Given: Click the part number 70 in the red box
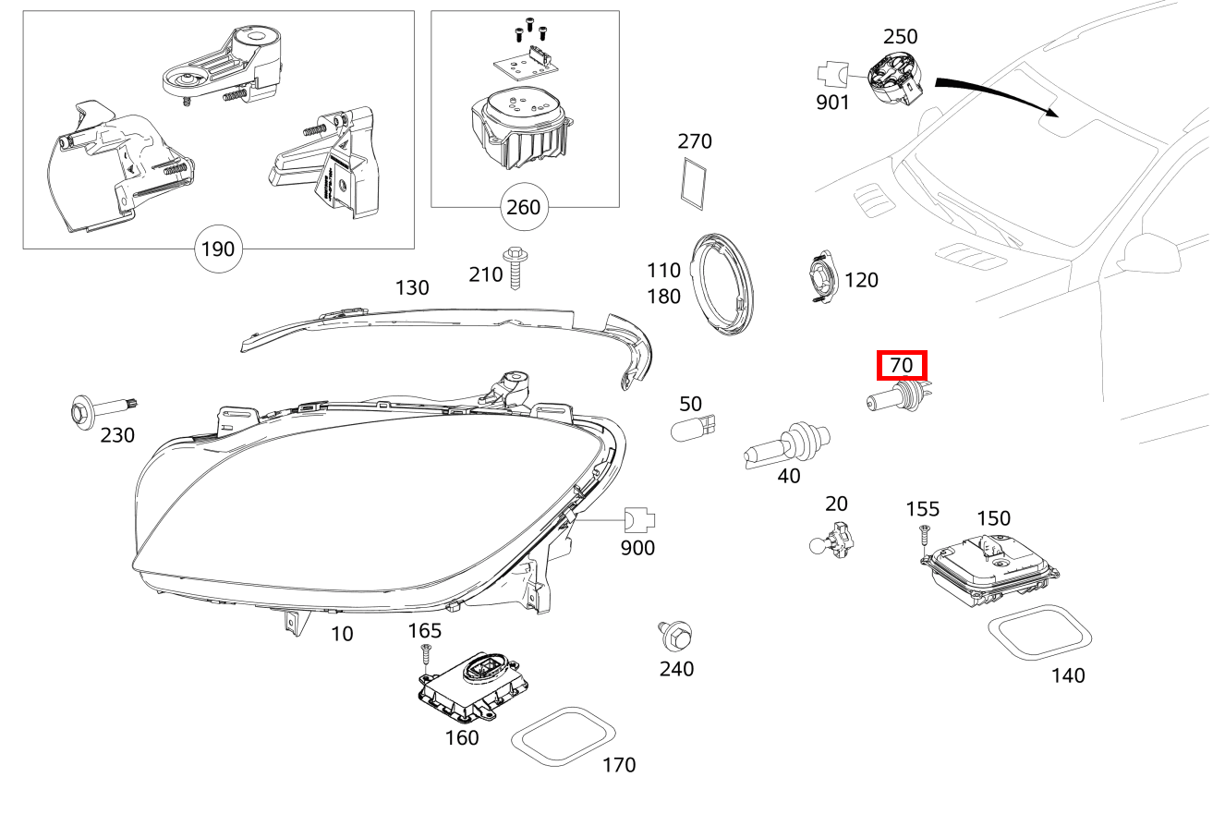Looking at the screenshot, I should [901, 366].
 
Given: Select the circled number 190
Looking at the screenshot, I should [218, 249].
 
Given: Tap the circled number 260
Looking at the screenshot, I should [523, 208].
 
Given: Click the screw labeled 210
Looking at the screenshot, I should [514, 267].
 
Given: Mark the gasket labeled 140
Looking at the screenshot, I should [1040, 634].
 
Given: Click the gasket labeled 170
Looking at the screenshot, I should [564, 736].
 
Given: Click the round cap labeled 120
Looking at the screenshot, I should [819, 278].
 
